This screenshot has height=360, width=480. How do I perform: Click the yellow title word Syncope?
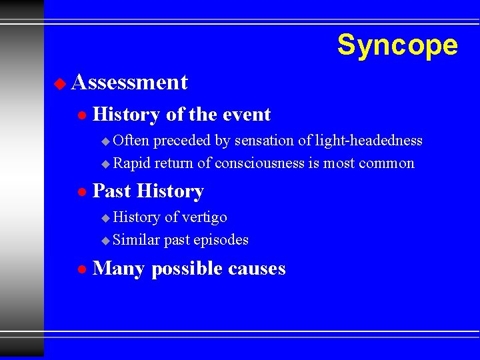point(397,45)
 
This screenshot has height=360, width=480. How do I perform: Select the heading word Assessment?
point(129,82)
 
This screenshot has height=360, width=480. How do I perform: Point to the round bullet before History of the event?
point(81,115)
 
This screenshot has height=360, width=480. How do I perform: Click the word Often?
point(131,140)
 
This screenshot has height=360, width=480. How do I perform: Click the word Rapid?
point(132,163)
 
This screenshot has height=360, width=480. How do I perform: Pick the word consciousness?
point(265,163)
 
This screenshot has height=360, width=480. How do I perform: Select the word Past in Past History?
point(111,191)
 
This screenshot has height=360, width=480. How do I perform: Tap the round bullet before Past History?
point(81,192)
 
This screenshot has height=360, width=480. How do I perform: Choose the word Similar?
point(136,239)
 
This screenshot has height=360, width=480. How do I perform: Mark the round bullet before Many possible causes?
point(81,269)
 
